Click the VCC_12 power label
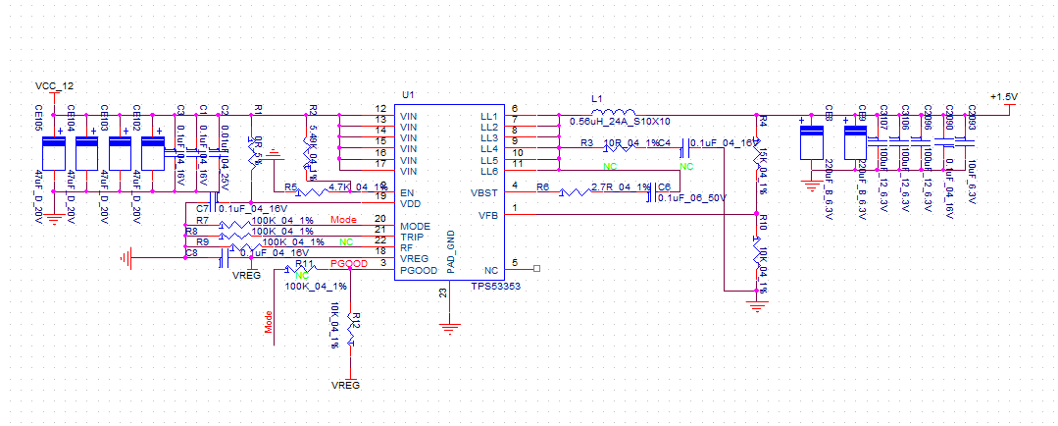53,86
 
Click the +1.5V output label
1004,96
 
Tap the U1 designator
408,94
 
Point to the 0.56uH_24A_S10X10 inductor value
620,122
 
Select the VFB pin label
488,214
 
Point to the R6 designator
542,186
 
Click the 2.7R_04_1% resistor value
622,186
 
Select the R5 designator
291,186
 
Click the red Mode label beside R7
343,219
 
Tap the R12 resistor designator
357,320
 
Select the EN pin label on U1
406,191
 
